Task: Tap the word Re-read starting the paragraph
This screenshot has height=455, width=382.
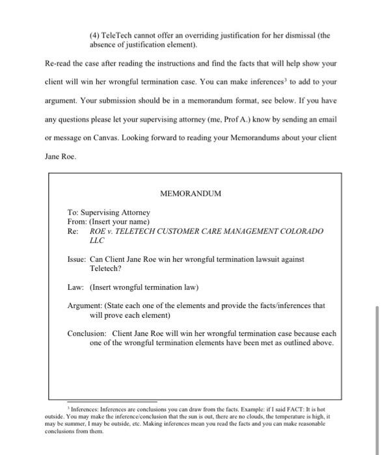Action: pyautogui.click(x=59, y=65)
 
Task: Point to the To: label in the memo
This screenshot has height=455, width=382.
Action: pyautogui.click(x=74, y=213)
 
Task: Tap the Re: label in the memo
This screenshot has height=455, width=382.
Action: pyautogui.click(x=74, y=231)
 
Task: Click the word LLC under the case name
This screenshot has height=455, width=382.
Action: pyautogui.click(x=97, y=240)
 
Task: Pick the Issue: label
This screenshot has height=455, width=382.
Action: pyautogui.click(x=77, y=259)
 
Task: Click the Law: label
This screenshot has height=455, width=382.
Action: pyautogui.click(x=76, y=287)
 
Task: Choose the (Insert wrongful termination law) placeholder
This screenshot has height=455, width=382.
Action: pyautogui.click(x=144, y=287)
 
